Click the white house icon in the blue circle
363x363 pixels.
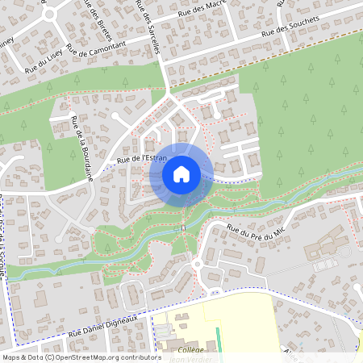click(x=181, y=173)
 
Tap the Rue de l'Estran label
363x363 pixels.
click(x=141, y=159)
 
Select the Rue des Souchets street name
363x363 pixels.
click(x=290, y=29)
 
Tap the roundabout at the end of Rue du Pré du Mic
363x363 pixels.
click(x=196, y=263)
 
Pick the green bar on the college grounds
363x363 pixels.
click(x=218, y=339)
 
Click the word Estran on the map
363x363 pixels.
click(x=153, y=157)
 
